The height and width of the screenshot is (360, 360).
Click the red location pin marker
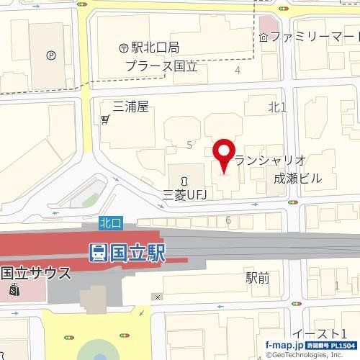point(223,154)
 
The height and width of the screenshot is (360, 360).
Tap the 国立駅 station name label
point(137,253)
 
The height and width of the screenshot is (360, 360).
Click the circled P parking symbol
point(50,54)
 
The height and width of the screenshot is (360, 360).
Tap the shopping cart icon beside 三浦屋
point(106,119)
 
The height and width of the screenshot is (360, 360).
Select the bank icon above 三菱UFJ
point(184,179)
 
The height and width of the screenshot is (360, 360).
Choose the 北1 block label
point(277,107)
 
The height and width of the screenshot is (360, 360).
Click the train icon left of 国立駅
point(98,253)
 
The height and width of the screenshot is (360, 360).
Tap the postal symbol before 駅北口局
point(123,48)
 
